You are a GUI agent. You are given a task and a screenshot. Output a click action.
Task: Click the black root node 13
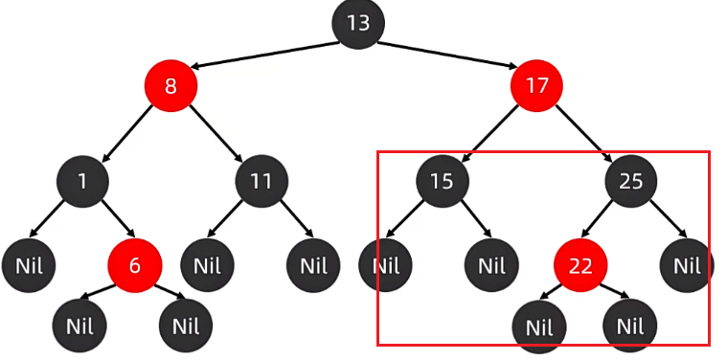coord(358,23)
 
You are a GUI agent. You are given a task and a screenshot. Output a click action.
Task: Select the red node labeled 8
coord(170,86)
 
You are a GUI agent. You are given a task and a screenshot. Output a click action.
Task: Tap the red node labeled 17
coord(537,86)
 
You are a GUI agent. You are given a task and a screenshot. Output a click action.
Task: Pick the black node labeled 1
coord(81,181)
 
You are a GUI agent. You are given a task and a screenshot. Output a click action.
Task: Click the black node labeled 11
coord(261,181)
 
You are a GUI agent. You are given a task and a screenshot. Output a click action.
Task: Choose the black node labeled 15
coord(442,181)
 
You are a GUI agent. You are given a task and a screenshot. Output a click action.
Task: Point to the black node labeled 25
coord(630,181)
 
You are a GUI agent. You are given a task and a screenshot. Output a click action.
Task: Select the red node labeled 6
coord(134,265)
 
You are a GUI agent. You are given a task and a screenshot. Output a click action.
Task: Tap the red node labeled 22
coord(580,265)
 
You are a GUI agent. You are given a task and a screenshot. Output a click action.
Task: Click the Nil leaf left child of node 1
coord(28,265)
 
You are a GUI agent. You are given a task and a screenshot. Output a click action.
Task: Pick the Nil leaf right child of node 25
coord(687,265)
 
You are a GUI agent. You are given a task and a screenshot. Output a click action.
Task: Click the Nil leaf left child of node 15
coord(385,265)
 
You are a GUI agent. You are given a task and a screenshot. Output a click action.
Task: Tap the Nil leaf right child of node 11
coord(313,265)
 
